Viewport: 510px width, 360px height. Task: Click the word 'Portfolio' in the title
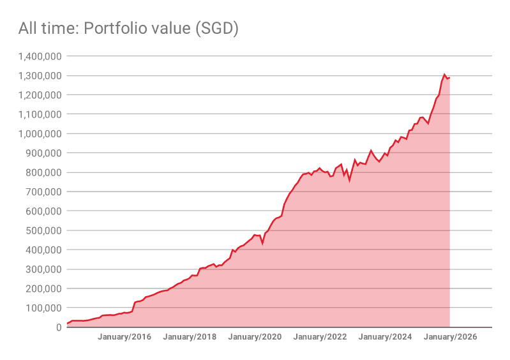pos(109,29)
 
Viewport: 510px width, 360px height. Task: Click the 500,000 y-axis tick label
pos(42,230)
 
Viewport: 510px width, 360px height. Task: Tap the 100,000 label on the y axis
pos(42,308)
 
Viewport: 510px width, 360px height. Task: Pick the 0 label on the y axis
pos(58,327)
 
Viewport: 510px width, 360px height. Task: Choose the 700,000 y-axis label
pos(42,191)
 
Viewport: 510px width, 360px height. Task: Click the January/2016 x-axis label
pos(124,337)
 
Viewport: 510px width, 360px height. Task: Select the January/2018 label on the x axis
pos(190,337)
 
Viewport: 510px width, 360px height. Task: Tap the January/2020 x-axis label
pos(255,337)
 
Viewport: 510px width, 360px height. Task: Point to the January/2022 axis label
pos(320,337)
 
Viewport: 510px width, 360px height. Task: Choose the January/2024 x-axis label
pos(386,337)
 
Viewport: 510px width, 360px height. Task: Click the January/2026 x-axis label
pos(451,337)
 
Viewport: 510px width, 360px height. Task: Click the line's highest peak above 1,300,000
pos(444,75)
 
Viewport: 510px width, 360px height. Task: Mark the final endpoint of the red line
pos(449,78)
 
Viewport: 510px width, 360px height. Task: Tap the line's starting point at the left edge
pos(67,324)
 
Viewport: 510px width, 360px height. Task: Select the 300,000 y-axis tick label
pos(42,269)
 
